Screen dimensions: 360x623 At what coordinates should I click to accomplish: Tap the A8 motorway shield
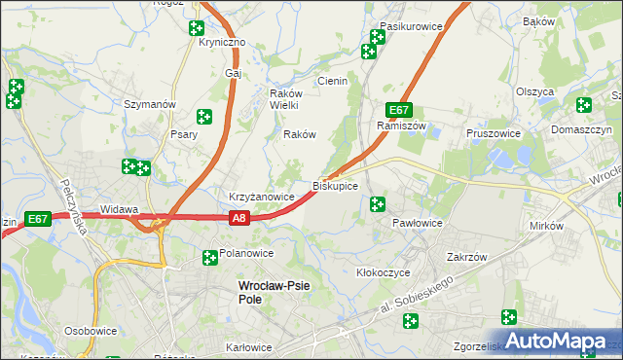tap(240, 220)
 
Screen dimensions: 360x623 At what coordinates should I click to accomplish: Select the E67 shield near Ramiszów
tap(398, 110)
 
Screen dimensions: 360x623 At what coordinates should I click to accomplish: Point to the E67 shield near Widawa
tap(38, 220)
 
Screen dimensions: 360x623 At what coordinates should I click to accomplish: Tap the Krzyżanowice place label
tap(261, 197)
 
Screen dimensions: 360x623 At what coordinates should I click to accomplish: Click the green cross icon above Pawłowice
tap(378, 204)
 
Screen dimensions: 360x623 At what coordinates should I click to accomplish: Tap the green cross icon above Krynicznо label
tap(196, 28)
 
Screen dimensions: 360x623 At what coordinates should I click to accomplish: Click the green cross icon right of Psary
tap(204, 117)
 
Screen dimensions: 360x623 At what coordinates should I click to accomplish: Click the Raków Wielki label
tap(288, 99)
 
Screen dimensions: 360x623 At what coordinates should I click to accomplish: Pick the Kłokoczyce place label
tap(384, 273)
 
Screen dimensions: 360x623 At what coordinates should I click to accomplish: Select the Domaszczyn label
tap(580, 129)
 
